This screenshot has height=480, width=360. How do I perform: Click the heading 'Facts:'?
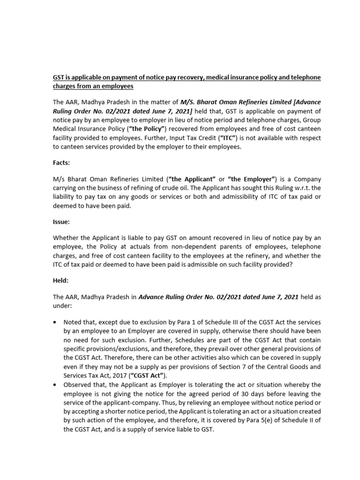[62, 162]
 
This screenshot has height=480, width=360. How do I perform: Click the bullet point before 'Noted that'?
[55, 323]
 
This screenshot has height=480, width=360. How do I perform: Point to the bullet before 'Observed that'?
[55, 384]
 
